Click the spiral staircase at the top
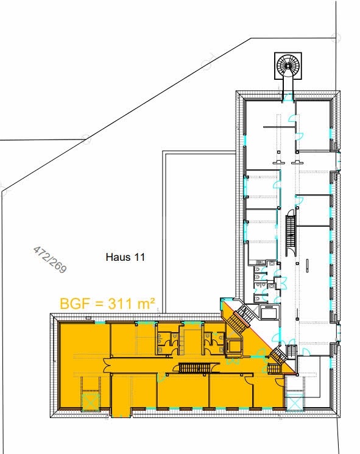point(288,65)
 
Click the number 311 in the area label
point(122,303)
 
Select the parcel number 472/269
point(50,260)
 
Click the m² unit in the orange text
point(147,302)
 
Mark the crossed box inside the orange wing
point(90,401)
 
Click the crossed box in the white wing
point(294,402)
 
